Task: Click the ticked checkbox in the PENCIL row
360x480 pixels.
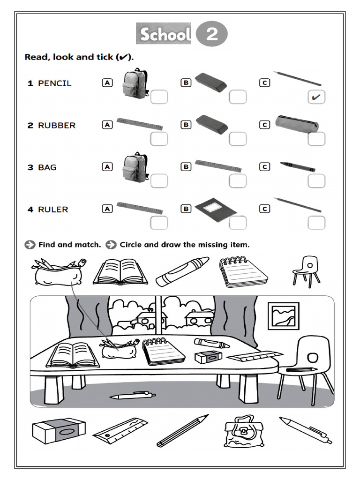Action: pos(317,97)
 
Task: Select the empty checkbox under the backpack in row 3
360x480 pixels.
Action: pos(159,181)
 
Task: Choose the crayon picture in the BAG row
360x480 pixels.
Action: pos(298,166)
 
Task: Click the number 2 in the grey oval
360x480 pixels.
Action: pos(211,35)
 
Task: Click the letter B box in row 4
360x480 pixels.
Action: pos(186,209)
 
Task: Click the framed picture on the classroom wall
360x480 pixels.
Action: pos(283,315)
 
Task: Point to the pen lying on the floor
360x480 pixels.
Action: pos(133,396)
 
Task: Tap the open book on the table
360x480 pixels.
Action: pos(73,354)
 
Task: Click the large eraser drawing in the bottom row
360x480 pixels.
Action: pos(59,430)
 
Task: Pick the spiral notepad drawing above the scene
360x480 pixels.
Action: pos(243,272)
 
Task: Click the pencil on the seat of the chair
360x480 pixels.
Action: pos(300,370)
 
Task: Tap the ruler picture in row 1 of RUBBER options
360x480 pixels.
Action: pos(140,123)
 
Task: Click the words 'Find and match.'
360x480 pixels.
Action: pos(69,245)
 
